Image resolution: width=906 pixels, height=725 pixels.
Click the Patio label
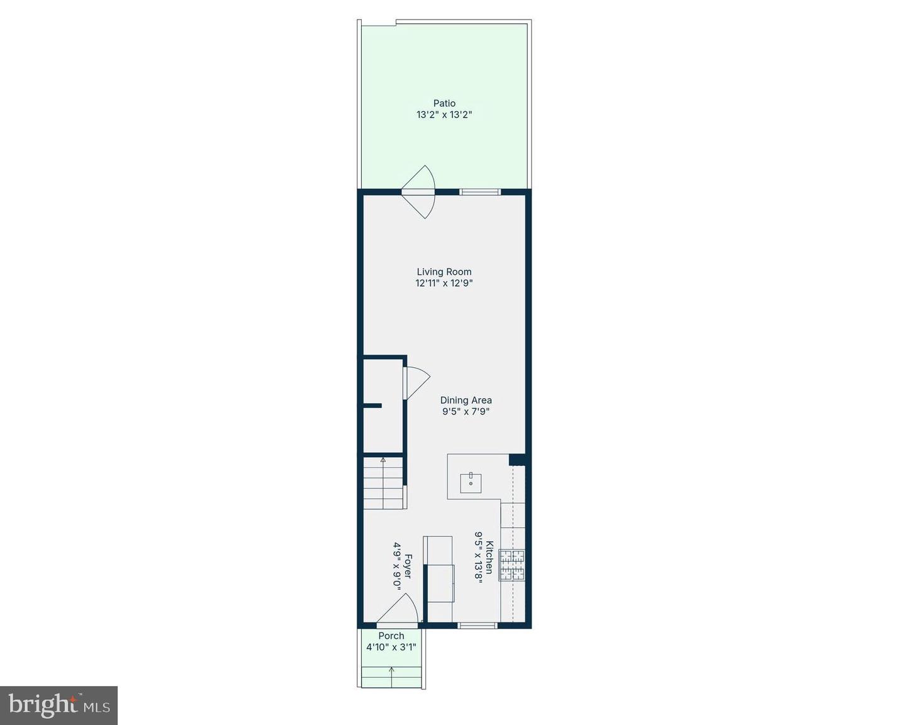pyautogui.click(x=444, y=103)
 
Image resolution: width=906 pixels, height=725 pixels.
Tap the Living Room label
pyautogui.click(x=444, y=272)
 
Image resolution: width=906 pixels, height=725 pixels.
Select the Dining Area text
pyautogui.click(x=466, y=400)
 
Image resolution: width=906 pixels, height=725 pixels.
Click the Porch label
pyautogui.click(x=391, y=636)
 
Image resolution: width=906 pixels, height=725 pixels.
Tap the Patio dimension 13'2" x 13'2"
pyautogui.click(x=444, y=115)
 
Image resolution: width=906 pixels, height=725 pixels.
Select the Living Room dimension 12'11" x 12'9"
pyautogui.click(x=444, y=283)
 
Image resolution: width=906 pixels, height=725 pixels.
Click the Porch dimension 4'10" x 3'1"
pyautogui.click(x=391, y=646)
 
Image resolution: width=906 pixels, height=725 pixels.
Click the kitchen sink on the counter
pyautogui.click(x=471, y=482)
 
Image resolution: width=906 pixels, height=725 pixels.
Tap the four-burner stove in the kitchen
pyautogui.click(x=512, y=565)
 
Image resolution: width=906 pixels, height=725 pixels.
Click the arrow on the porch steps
pyautogui.click(x=392, y=670)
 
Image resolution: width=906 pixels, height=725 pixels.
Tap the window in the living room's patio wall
pyautogui.click(x=479, y=192)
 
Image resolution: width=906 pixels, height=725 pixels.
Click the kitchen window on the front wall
pyautogui.click(x=477, y=625)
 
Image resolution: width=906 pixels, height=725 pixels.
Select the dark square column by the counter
pyautogui.click(x=517, y=460)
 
